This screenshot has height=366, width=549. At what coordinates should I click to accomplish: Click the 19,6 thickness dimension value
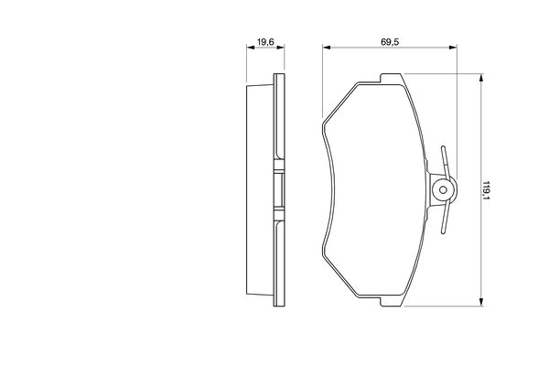[265, 41]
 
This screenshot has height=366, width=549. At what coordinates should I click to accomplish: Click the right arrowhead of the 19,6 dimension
[277, 48]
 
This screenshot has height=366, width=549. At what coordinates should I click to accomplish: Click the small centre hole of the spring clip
[443, 191]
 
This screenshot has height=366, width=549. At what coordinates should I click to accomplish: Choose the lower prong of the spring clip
[444, 225]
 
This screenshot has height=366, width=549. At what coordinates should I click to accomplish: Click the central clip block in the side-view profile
[276, 191]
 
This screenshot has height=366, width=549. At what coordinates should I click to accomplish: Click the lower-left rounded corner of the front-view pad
[327, 260]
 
